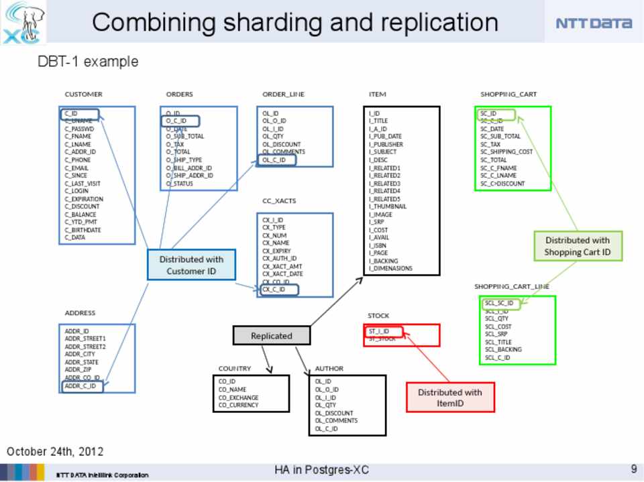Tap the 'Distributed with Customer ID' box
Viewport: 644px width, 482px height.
(191, 265)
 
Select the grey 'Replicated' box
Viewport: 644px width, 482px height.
(271, 335)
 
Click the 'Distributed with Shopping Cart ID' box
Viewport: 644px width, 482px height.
(577, 246)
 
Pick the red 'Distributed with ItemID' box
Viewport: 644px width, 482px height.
(449, 397)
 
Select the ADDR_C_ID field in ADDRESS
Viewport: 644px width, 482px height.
(81, 385)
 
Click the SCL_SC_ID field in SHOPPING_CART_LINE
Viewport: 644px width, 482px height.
(500, 303)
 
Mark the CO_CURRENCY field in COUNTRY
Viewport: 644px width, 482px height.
(238, 405)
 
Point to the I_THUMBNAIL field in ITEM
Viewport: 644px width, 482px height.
(388, 206)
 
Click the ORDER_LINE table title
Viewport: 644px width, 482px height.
(283, 95)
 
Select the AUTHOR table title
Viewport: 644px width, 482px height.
(329, 368)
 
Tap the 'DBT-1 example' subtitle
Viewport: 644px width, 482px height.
(88, 62)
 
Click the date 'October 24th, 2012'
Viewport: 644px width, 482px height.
(55, 450)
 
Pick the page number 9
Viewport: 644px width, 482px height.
(633, 469)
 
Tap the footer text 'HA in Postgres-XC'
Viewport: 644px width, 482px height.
(321, 470)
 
